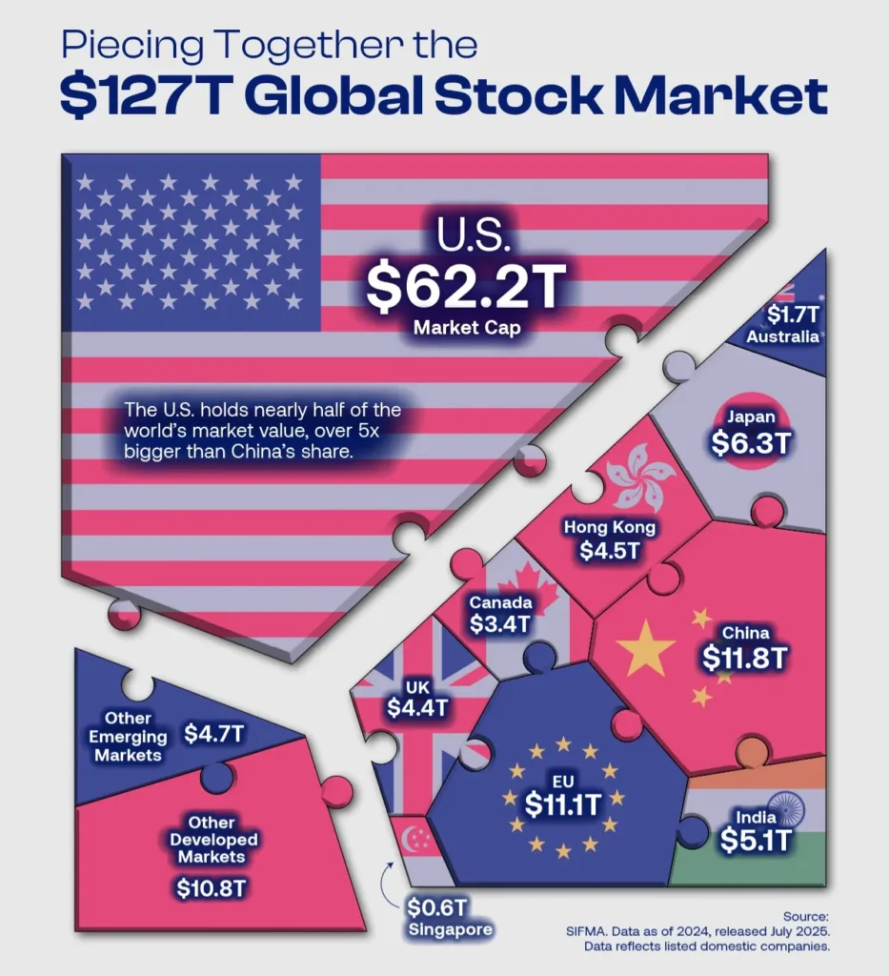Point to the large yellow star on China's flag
645,648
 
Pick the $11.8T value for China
745,658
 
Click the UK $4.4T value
417,708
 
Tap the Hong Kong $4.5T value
610,550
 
